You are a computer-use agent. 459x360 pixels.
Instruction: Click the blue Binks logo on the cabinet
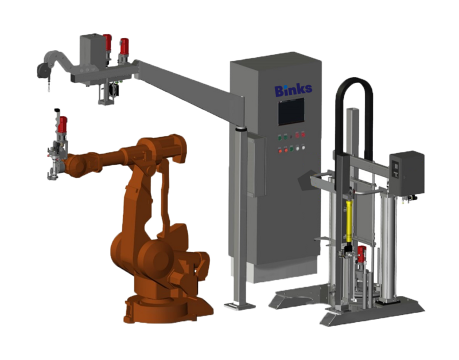click(x=293, y=90)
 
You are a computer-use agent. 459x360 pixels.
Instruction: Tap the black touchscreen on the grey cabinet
click(x=291, y=112)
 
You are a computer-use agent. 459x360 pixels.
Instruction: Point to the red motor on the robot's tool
click(x=62, y=124)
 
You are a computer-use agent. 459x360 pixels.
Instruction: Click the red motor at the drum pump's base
click(x=362, y=254)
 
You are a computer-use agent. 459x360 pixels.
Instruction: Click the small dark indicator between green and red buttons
click(x=291, y=136)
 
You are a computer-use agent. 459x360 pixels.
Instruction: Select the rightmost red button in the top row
click(x=303, y=135)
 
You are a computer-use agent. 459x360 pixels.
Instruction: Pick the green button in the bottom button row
click(x=291, y=149)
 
